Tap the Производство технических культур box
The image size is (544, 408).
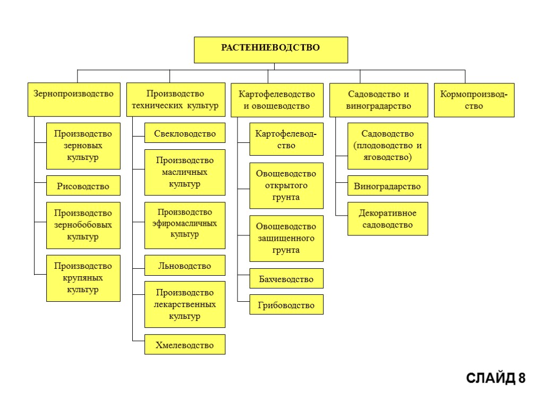pos(175,100)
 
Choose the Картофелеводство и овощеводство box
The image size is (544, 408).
pos(277,100)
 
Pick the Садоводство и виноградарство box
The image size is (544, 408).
pos(378,100)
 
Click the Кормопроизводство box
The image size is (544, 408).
pos(474,100)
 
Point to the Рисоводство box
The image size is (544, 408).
pos(83,186)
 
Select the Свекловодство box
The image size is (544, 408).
pos(185,133)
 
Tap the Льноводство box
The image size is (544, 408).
pos(185,266)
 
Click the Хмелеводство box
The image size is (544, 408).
pos(185,345)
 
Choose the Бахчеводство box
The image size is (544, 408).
pos(286,279)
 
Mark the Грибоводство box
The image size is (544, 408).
pos(286,305)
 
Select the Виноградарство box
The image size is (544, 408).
pos(387,186)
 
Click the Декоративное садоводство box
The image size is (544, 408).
pos(387,219)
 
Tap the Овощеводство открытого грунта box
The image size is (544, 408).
pos(286,185)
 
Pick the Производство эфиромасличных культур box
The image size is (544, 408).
pos(185,225)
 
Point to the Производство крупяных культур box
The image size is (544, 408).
pos(83,278)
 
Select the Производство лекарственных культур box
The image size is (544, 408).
pos(185,304)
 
